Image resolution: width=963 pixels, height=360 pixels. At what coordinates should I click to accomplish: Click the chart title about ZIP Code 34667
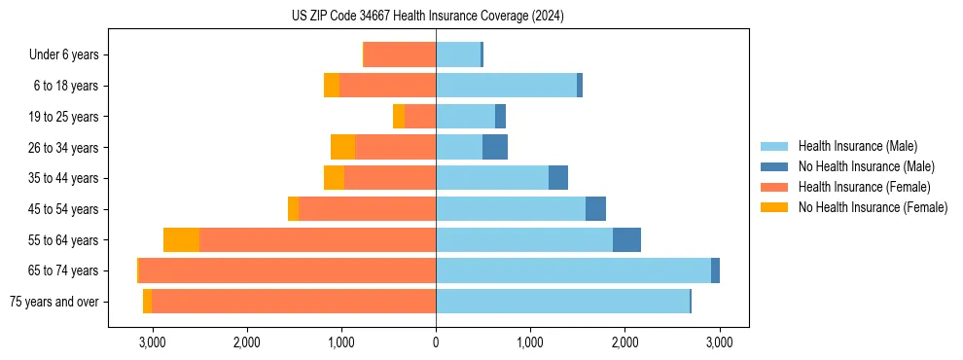(x=428, y=16)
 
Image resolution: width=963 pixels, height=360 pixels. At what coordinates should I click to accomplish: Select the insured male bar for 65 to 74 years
(x=573, y=270)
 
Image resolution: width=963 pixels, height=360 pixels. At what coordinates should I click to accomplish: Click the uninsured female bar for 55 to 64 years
(x=181, y=239)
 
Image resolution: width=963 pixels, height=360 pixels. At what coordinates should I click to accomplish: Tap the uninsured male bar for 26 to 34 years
(x=494, y=147)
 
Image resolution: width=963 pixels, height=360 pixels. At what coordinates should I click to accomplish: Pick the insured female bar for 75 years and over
(x=294, y=302)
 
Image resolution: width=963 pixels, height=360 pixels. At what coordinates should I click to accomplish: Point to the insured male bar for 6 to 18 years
(x=506, y=86)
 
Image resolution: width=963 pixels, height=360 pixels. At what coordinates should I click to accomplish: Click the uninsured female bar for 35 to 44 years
(x=334, y=178)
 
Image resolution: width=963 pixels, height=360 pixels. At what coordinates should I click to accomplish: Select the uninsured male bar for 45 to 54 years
(x=595, y=209)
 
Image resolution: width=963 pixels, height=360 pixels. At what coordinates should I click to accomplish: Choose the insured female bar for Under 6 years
(x=400, y=54)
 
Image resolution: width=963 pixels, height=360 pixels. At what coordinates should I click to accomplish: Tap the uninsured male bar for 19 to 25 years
(x=500, y=117)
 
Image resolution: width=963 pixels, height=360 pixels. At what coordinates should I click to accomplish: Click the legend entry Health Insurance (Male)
(x=857, y=146)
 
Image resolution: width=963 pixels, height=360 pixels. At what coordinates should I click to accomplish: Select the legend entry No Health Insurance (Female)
(x=873, y=207)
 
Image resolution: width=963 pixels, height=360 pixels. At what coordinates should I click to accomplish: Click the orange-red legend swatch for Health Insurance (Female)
(x=774, y=187)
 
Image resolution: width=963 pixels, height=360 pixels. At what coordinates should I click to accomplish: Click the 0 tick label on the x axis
(x=436, y=342)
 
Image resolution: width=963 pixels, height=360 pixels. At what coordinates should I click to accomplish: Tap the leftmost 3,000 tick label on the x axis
(x=152, y=342)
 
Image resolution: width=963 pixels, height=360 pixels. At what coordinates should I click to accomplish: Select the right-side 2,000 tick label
(x=624, y=342)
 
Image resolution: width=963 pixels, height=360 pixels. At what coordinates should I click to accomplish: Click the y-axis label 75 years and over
(x=53, y=302)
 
